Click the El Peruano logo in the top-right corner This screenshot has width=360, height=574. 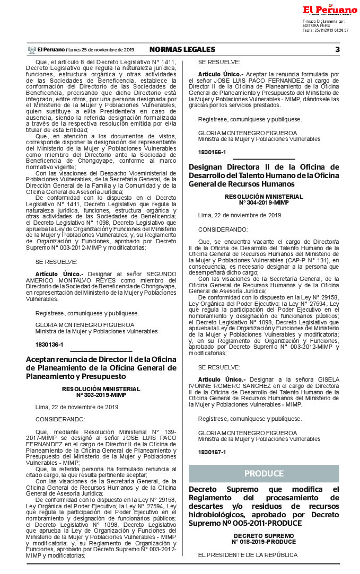point(330,10)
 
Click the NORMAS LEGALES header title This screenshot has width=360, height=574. point(182,49)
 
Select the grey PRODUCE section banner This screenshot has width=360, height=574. point(264,473)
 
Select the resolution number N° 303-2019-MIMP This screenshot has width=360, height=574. point(101,395)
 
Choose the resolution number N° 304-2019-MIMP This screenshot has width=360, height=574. point(264,202)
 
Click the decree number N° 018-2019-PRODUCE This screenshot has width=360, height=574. point(264,542)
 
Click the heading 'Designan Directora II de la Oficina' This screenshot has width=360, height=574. point(264,175)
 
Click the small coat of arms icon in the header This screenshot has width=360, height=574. point(32,50)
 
